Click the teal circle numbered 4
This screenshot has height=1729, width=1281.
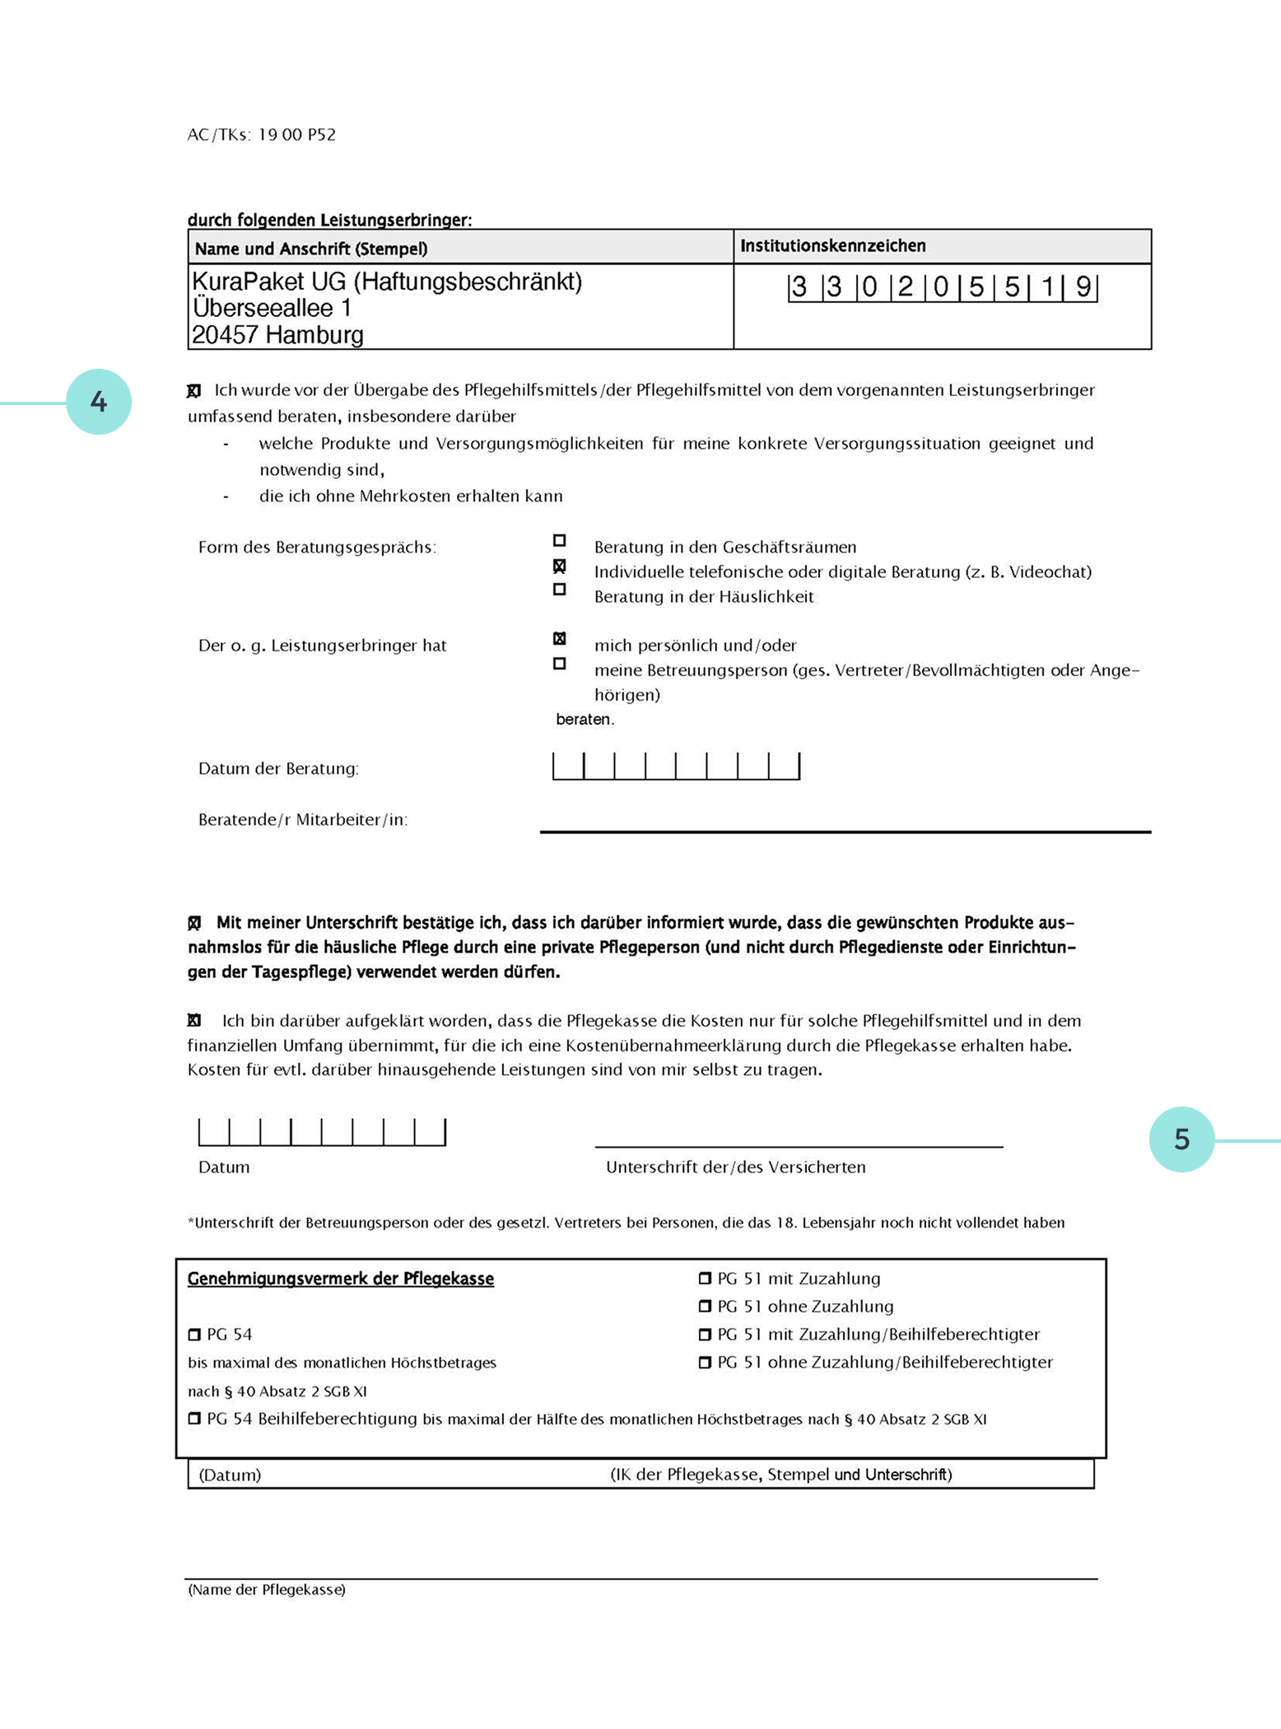pyautogui.click(x=99, y=402)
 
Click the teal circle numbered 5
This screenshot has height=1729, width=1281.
pyautogui.click(x=1181, y=1139)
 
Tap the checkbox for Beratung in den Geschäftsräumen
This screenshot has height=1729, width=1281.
pyautogui.click(x=560, y=541)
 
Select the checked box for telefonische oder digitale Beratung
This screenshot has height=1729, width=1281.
pyautogui.click(x=560, y=566)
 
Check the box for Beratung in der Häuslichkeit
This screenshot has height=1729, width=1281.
pyautogui.click(x=560, y=590)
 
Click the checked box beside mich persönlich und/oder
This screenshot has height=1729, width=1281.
pyautogui.click(x=560, y=639)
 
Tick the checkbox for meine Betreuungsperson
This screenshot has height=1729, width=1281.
pyautogui.click(x=560, y=664)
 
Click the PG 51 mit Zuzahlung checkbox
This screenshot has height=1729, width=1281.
pyautogui.click(x=705, y=1279)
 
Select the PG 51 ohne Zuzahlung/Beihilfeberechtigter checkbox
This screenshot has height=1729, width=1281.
pyautogui.click(x=705, y=1363)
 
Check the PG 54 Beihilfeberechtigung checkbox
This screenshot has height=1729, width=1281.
pyautogui.click(x=194, y=1419)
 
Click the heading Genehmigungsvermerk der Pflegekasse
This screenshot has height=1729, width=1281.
pyautogui.click(x=340, y=1279)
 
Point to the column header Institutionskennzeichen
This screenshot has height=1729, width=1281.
pyautogui.click(x=832, y=245)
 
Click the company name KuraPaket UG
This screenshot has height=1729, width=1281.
pyautogui.click(x=387, y=282)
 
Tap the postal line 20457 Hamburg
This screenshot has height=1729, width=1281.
pyautogui.click(x=277, y=335)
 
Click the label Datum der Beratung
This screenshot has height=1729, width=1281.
pyautogui.click(x=278, y=769)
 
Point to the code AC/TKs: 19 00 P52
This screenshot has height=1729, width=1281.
pyautogui.click(x=261, y=135)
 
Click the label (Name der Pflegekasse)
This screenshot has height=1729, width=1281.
pyautogui.click(x=267, y=1590)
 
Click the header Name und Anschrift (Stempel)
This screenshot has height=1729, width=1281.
pyautogui.click(x=311, y=249)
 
